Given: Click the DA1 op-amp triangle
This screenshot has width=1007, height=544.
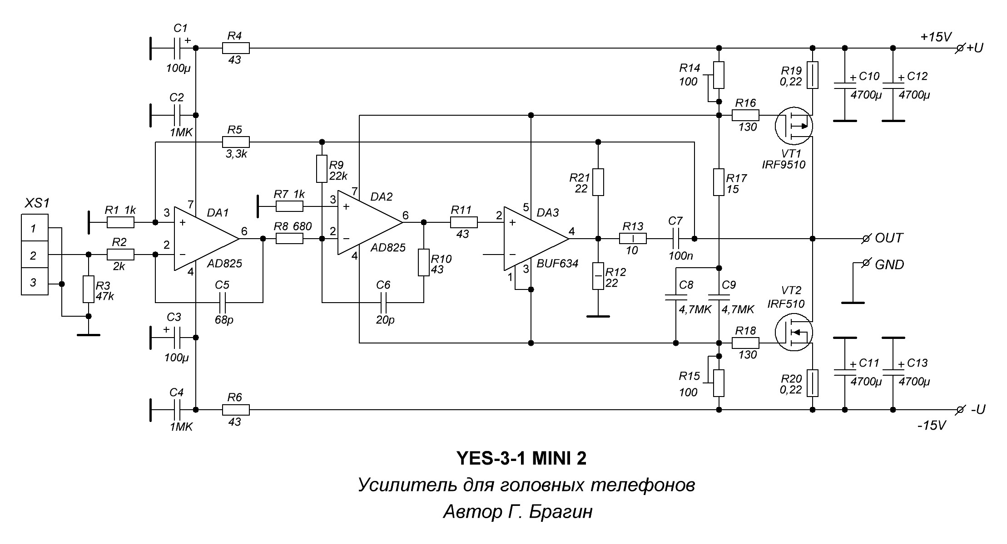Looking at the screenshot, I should (x=204, y=239).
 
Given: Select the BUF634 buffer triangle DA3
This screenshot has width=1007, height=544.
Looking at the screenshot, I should (x=534, y=239).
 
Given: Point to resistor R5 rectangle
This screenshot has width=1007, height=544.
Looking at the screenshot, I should (x=236, y=142).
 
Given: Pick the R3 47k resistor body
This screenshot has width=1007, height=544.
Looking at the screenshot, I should (x=89, y=289).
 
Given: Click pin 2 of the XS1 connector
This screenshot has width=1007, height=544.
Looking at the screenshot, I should (x=35, y=255).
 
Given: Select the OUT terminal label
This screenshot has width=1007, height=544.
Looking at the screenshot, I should (x=889, y=238).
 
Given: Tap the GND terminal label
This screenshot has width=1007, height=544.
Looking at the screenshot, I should (x=889, y=265).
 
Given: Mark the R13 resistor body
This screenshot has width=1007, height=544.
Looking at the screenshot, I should (x=633, y=238).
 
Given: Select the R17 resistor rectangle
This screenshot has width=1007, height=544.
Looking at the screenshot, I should (x=718, y=182).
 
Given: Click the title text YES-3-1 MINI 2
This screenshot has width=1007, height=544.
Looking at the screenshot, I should (x=521, y=459).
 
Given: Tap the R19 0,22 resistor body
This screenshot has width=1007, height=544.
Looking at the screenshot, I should (x=813, y=75).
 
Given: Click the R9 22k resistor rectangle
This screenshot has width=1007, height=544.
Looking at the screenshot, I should (x=322, y=169).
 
